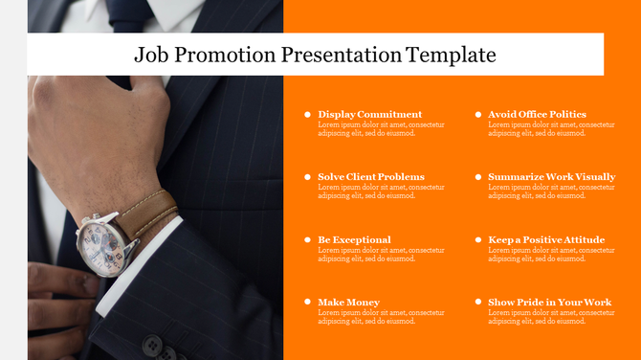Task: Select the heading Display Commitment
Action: [369, 114]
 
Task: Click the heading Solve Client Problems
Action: [371, 177]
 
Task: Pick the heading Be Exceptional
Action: [354, 240]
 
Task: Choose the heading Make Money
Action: [348, 303]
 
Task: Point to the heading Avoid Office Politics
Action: [537, 114]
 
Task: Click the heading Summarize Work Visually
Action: [551, 177]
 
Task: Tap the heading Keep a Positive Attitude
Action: [546, 240]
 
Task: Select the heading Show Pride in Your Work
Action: [549, 303]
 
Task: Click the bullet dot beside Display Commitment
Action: [307, 114]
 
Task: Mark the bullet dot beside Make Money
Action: [307, 303]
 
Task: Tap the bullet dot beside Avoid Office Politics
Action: [477, 114]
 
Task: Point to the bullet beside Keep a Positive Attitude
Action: [477, 240]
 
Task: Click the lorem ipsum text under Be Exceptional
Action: [381, 255]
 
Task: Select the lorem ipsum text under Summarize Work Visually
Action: [551, 191]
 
